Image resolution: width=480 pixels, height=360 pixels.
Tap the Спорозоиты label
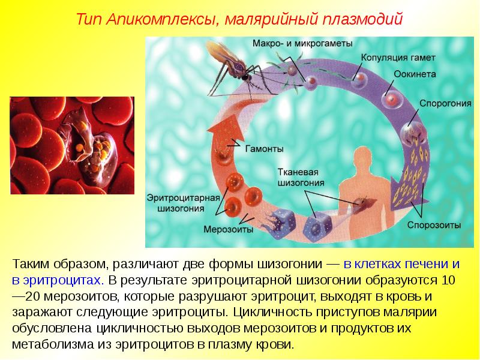coord(434,226)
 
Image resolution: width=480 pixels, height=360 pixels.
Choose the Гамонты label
coord(264,149)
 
